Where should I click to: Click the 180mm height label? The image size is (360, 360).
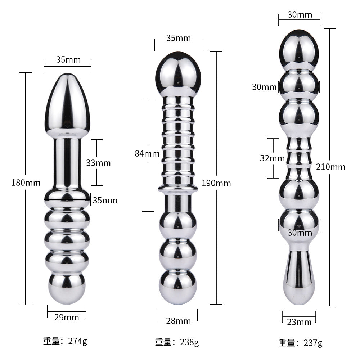(x=26, y=183)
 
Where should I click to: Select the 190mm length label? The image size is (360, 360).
(x=216, y=183)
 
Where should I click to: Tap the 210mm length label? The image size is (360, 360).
(x=330, y=167)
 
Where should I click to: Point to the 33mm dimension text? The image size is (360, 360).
(x=98, y=163)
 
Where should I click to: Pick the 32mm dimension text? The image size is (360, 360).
(x=273, y=158)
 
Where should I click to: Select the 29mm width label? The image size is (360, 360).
(x=67, y=317)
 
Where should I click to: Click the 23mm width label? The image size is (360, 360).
(x=299, y=322)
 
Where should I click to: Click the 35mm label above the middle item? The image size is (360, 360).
(x=179, y=38)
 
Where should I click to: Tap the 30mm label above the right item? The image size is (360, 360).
(x=300, y=15)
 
